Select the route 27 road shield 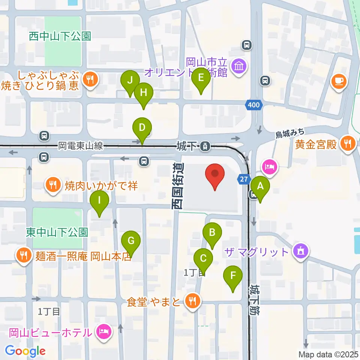244,180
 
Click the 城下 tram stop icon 205,146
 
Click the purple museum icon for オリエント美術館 239,66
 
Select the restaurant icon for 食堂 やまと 193,301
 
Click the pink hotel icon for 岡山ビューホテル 104,332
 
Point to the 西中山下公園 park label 60,36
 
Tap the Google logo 25,351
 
